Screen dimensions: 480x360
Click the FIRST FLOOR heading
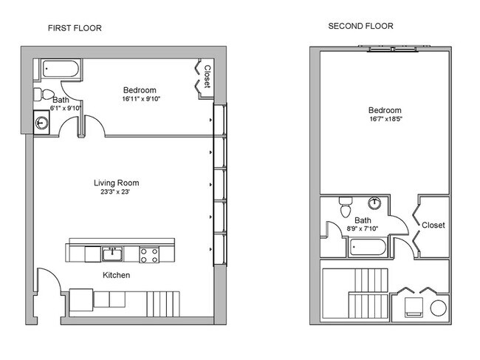(75, 28)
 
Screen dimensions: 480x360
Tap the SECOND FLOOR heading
(360, 26)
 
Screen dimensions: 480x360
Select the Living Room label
(117, 183)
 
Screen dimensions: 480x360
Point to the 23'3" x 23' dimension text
(115, 192)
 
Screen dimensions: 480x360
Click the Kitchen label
(117, 275)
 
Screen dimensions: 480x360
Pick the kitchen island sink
(112, 254)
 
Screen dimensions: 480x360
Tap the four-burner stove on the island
(149, 255)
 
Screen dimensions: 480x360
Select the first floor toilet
(44, 95)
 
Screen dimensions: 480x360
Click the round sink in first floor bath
(41, 123)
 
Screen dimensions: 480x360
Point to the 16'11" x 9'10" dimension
(141, 99)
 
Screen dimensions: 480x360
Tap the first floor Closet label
(208, 77)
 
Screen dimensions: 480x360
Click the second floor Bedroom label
(385, 110)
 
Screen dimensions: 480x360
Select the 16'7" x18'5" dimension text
(385, 119)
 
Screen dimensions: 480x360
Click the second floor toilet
(346, 207)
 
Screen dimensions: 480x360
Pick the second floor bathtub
(368, 247)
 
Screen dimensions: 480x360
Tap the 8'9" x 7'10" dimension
(362, 228)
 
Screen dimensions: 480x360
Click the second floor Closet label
(433, 225)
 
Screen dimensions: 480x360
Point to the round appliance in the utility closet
(438, 308)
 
